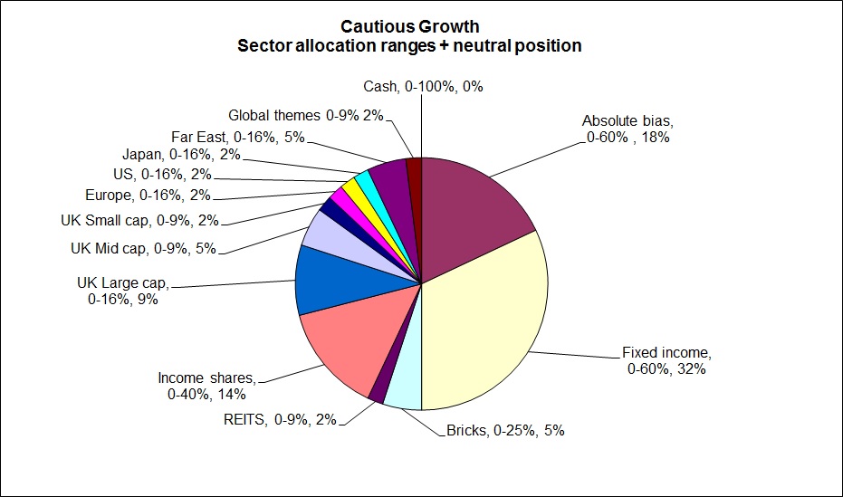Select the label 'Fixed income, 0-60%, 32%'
click(x=666, y=360)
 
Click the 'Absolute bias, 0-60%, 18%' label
click(x=627, y=129)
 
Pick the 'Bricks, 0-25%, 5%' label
click(x=505, y=430)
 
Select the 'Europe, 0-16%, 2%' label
click(x=147, y=195)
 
